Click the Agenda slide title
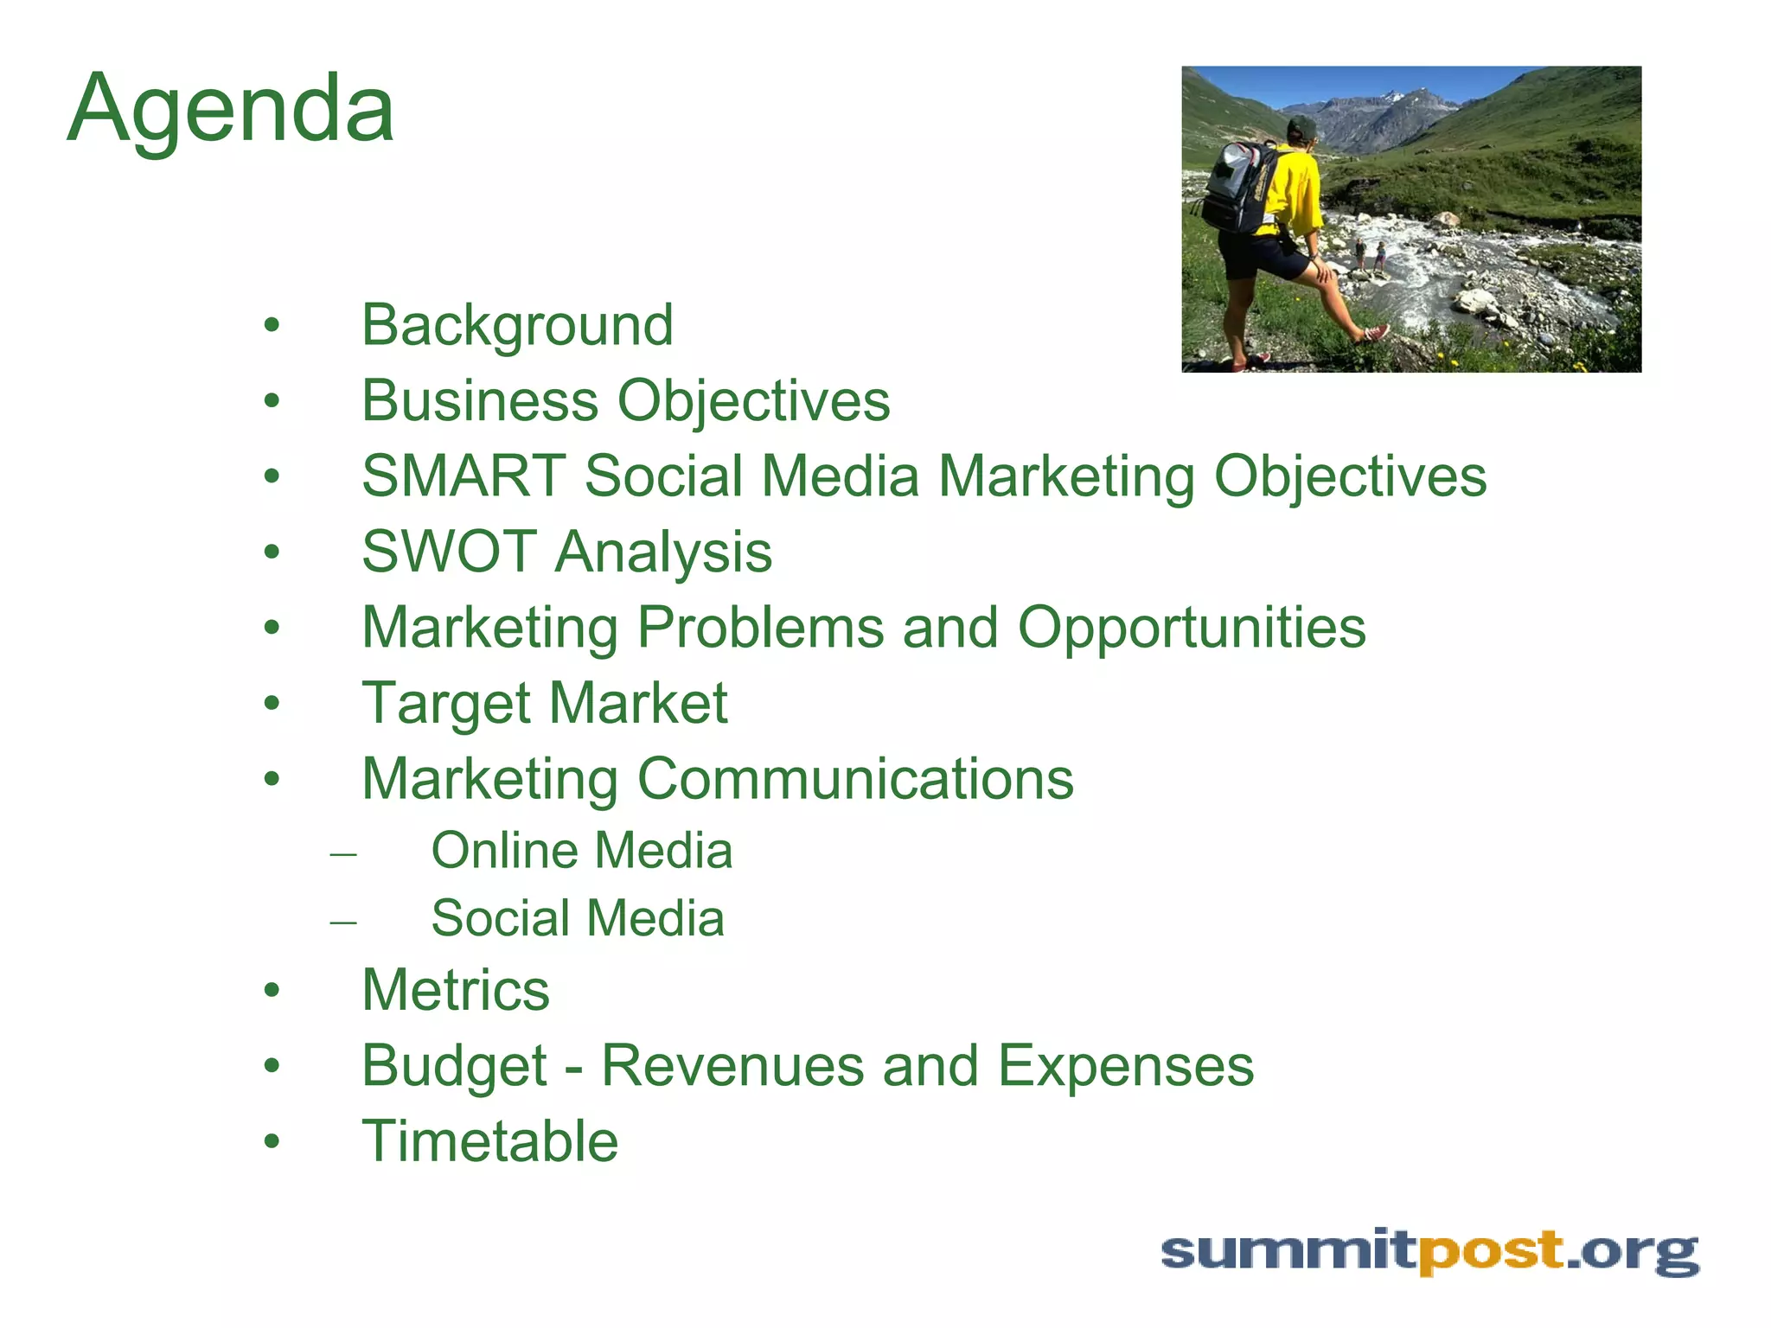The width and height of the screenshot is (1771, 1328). [231, 110]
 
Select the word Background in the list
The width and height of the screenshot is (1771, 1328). [517, 326]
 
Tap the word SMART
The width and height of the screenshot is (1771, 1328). [464, 476]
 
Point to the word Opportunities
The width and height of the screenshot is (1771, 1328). [1192, 628]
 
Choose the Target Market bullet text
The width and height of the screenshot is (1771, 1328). [545, 703]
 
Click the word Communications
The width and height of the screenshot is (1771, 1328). [855, 779]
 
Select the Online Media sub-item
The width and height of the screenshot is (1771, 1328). [581, 851]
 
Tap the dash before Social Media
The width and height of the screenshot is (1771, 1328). [343, 922]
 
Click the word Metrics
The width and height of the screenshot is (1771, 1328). [456, 990]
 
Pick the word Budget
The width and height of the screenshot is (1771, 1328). [454, 1066]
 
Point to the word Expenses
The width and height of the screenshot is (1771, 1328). [1125, 1066]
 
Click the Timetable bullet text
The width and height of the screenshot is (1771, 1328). [489, 1141]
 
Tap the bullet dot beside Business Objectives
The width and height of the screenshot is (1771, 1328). [272, 401]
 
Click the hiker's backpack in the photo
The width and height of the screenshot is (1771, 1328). [1238, 186]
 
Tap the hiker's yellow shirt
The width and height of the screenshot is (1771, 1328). [1293, 195]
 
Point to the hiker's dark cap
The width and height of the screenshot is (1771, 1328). [1301, 128]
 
